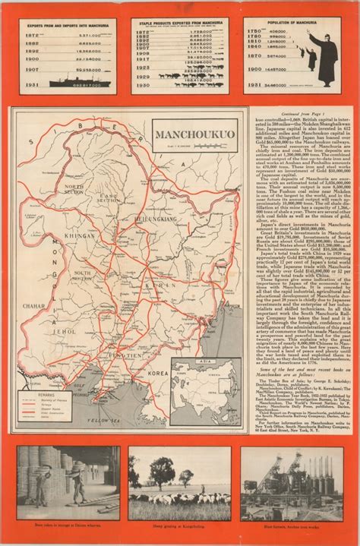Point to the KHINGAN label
tap(77, 235)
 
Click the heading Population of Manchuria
tap(292, 24)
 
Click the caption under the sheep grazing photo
tap(179, 525)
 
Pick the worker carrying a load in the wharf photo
tap(77, 478)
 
